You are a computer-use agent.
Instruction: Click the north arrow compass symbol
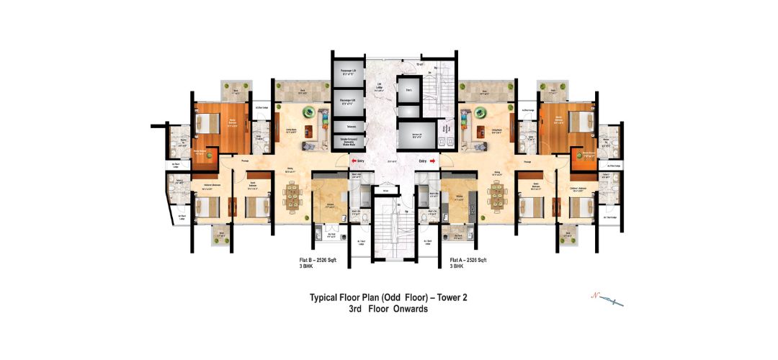tap(607, 300)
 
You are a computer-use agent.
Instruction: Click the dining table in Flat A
tap(497, 195)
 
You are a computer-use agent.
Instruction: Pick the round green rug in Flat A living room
tap(478, 112)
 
